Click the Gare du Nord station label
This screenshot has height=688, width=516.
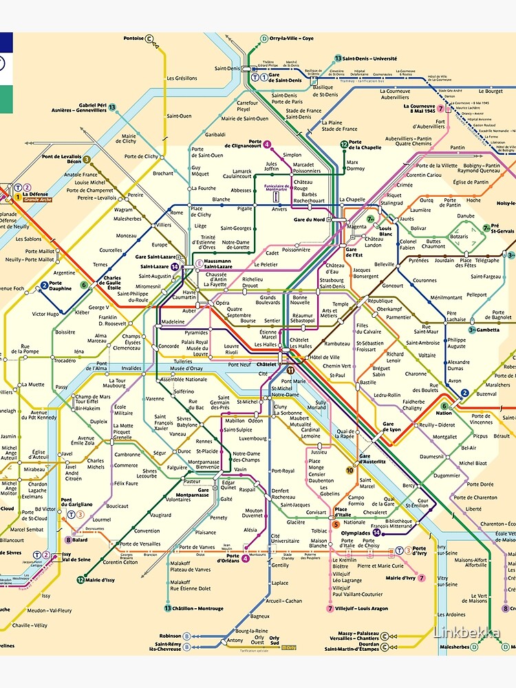click(310, 219)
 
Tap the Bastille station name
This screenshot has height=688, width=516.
click(368, 383)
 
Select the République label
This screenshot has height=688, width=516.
click(380, 301)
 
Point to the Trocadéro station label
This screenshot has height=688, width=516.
click(65, 361)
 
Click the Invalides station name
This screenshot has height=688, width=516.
click(131, 368)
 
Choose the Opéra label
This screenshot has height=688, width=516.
click(223, 303)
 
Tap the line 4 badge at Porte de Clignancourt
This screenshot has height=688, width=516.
click(266, 145)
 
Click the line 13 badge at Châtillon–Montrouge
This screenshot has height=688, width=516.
click(168, 608)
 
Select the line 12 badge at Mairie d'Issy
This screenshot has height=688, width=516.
click(80, 580)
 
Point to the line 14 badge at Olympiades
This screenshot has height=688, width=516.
click(376, 533)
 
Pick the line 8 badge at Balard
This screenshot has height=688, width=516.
click(68, 540)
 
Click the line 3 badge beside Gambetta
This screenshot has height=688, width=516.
click(472, 330)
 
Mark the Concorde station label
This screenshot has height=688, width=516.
click(169, 346)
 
